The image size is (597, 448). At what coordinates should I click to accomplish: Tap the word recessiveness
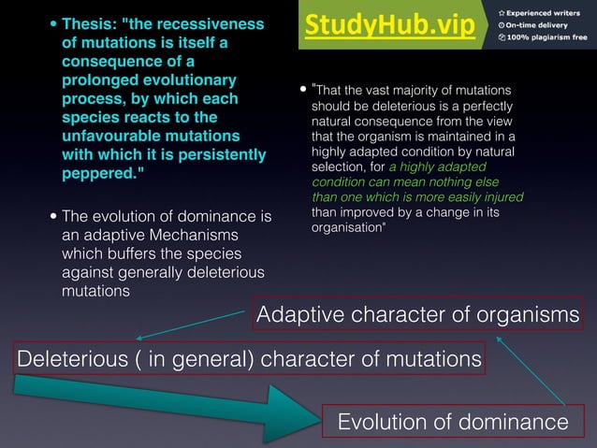pyautogui.click(x=210, y=23)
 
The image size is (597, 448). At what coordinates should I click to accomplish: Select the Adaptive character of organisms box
pyautogui.click(x=417, y=314)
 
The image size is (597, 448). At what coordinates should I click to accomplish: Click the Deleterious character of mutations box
pyautogui.click(x=249, y=358)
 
